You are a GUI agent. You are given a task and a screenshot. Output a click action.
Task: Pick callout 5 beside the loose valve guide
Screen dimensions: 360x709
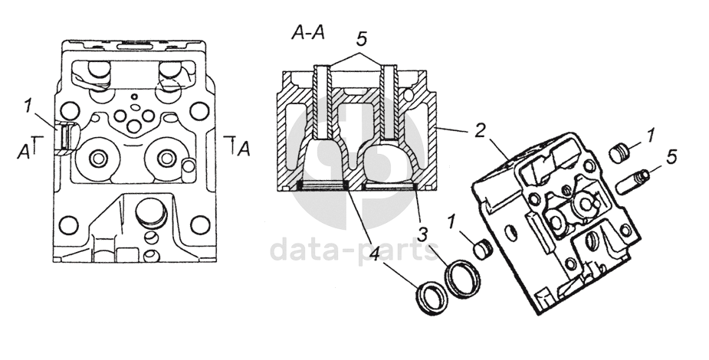click(671, 156)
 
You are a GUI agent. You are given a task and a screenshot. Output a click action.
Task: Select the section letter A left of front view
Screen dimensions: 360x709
click(23, 152)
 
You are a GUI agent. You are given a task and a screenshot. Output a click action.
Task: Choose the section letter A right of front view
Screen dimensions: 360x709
click(245, 149)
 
